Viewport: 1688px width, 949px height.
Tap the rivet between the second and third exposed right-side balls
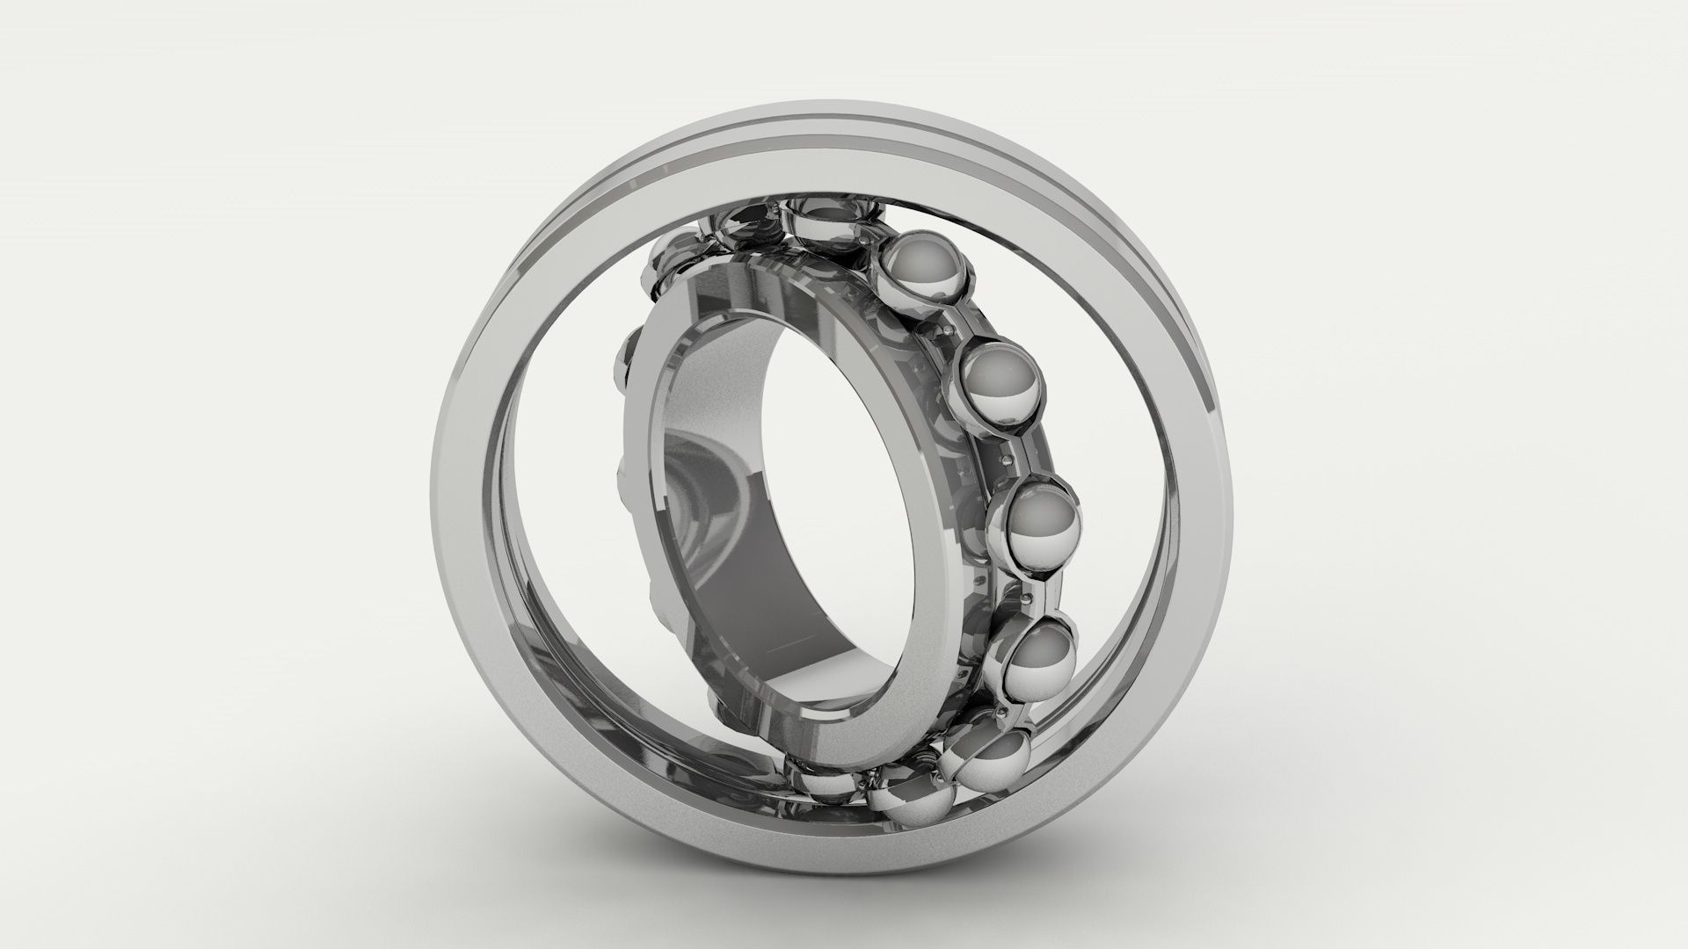pos(1003,458)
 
